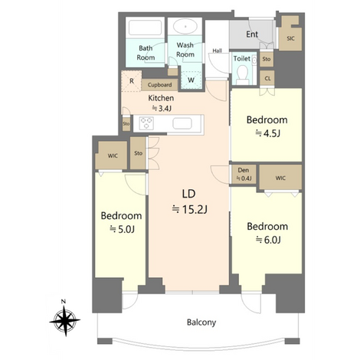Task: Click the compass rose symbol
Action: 65,319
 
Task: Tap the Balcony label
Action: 201,322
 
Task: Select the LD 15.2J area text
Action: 189,201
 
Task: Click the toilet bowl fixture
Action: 242,74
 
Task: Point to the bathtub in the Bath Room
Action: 146,28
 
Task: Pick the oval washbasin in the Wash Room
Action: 185,27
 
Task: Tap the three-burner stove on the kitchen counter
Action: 146,123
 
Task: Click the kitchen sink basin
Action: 182,124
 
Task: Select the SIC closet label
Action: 290,38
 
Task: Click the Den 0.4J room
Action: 244,175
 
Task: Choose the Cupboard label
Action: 159,85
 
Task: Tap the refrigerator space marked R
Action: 131,81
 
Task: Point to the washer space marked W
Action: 191,80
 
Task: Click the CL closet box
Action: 267,78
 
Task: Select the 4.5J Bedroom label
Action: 267,126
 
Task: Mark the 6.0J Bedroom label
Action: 267,233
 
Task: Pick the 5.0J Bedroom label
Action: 122,222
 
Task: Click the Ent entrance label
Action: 252,34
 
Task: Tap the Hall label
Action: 217,51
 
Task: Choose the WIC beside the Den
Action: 280,178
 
